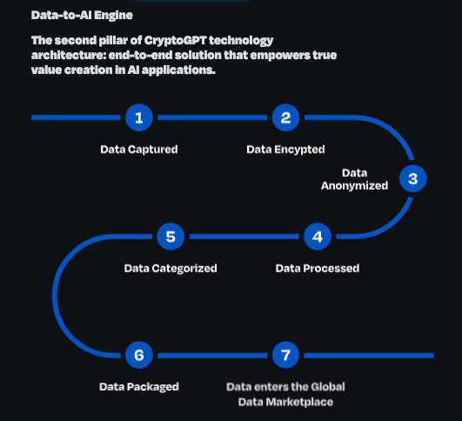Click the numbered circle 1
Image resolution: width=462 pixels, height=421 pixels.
(139, 117)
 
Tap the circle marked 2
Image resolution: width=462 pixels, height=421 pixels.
(285, 117)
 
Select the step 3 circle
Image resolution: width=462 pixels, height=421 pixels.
(412, 178)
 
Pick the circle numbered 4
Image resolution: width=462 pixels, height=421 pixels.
(318, 237)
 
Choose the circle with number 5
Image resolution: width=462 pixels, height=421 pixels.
(171, 237)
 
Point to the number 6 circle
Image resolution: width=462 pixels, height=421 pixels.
(139, 355)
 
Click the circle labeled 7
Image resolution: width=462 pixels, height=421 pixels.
(285, 355)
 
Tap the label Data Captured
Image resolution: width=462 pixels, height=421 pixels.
(139, 150)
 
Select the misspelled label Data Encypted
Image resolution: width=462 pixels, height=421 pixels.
(285, 150)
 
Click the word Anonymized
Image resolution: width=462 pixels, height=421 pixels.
(354, 186)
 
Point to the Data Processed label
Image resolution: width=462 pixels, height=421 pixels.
(318, 268)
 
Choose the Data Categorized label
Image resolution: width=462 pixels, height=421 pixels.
(171, 269)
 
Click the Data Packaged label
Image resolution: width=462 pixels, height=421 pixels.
(139, 387)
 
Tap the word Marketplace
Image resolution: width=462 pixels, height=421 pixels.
(299, 402)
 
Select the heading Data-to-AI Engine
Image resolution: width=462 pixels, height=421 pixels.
(82, 15)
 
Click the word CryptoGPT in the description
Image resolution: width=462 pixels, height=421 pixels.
(176, 40)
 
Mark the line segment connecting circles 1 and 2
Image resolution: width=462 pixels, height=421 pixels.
(212, 117)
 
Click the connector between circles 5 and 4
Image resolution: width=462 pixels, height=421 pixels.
(244, 237)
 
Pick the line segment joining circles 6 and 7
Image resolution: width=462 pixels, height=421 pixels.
(212, 356)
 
